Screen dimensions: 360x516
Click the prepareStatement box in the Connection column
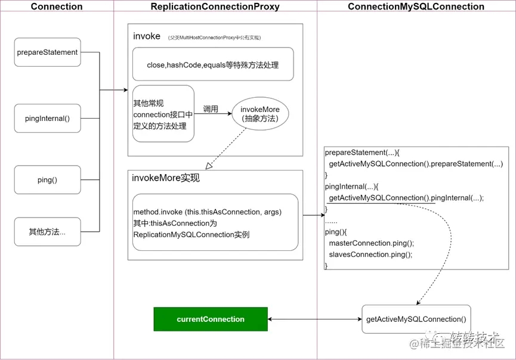[47, 52]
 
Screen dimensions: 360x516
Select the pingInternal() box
[47, 118]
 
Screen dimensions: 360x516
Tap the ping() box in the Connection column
[47, 180]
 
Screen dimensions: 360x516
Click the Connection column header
[57, 7]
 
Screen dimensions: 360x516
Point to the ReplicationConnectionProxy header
[215, 7]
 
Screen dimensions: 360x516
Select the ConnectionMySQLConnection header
[416, 7]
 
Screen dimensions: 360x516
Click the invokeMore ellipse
[260, 114]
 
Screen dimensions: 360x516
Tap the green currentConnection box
[211, 319]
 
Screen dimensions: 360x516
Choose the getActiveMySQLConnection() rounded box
[416, 319]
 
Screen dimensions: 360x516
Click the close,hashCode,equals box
[212, 64]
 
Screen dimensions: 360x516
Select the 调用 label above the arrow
[211, 109]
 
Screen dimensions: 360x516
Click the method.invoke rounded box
[215, 222]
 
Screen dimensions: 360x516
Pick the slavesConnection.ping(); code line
[370, 255]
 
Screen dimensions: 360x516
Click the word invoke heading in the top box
[147, 36]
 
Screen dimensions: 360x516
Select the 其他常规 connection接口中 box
[163, 114]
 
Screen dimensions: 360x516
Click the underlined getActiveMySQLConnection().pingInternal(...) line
[406, 198]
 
